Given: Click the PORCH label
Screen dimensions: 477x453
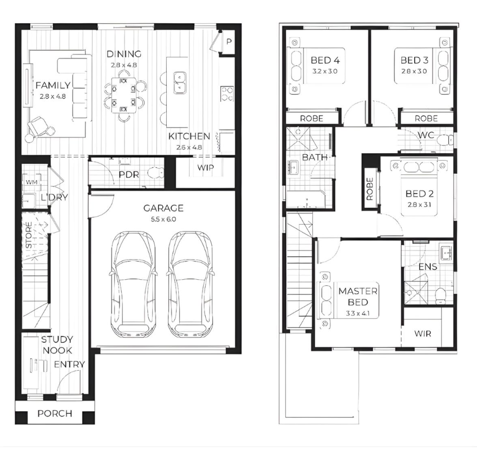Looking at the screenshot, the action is [55, 413].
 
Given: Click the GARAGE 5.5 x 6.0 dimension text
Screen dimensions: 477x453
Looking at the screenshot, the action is [164, 219].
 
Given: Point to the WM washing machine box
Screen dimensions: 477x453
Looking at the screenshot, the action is [31, 182].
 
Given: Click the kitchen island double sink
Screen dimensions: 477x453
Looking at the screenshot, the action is [180, 83].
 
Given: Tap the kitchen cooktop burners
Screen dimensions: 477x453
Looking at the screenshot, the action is [227, 94].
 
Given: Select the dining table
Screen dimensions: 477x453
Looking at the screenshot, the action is [124, 95].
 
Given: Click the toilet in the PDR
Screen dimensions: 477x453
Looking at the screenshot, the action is [155, 174].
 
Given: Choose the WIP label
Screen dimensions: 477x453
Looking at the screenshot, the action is [205, 168].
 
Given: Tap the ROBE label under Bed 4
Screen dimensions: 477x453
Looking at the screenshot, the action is [311, 119].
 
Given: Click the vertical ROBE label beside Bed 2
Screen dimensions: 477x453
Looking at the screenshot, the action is [370, 189].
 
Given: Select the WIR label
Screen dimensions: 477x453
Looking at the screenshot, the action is [422, 333].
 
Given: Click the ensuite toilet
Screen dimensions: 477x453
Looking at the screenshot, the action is [440, 296].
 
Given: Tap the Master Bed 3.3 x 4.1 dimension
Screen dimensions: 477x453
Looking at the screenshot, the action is [358, 313].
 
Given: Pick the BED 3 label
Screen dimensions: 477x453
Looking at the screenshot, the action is [414, 60].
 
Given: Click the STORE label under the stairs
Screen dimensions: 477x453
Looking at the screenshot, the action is [29, 235].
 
